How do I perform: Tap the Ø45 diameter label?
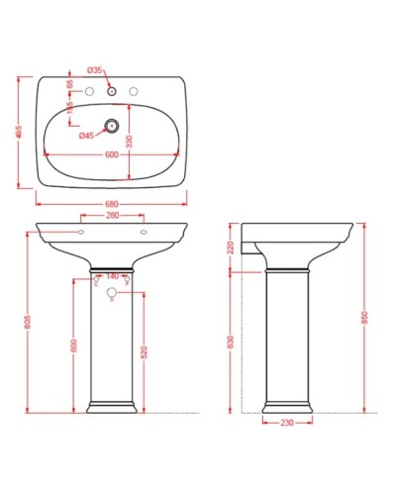[86, 136]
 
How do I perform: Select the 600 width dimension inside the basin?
[112, 153]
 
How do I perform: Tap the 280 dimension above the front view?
[112, 215]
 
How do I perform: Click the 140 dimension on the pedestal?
[112, 276]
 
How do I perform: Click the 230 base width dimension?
[287, 425]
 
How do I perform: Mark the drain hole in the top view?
[112, 127]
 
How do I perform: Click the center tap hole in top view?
[112, 92]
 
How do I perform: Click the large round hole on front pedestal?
[112, 293]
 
